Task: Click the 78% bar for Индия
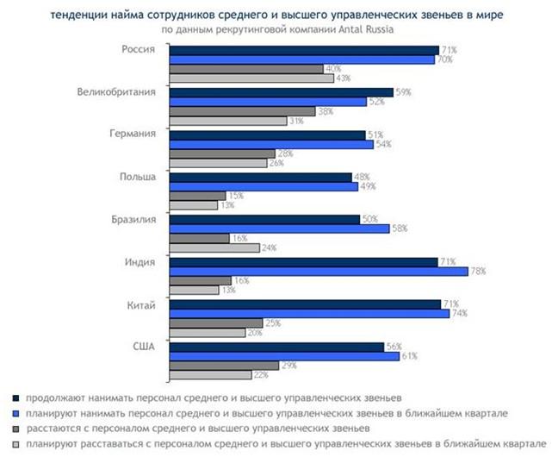(x=319, y=271)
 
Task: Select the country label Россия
(x=139, y=50)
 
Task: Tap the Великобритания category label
(x=116, y=91)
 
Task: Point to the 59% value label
(x=402, y=91)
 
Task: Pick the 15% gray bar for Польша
(x=197, y=196)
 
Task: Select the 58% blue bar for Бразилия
(x=280, y=228)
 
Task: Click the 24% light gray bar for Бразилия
(x=214, y=247)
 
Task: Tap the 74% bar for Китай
(x=309, y=313)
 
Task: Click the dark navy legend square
(x=16, y=398)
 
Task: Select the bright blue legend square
(x=16, y=412)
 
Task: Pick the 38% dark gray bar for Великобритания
(x=243, y=111)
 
